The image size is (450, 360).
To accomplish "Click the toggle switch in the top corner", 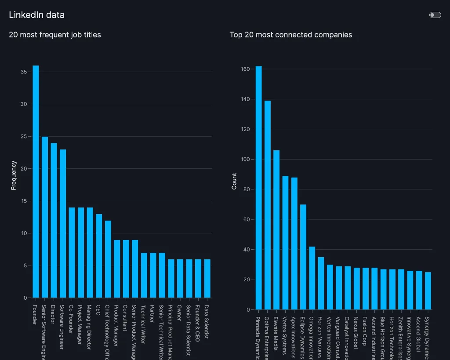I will click(435, 15).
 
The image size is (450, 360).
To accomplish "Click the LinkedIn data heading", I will click(36, 15).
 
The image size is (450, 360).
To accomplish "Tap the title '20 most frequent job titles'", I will click(55, 35).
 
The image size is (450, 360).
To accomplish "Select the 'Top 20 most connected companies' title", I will click(290, 35).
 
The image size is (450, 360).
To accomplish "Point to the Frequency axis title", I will click(14, 175).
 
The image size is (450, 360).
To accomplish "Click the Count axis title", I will click(234, 181).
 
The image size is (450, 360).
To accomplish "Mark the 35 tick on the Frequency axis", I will click(23, 72).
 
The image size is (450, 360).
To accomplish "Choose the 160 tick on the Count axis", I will click(245, 69).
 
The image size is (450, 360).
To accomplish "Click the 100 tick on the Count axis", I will click(245, 159).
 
